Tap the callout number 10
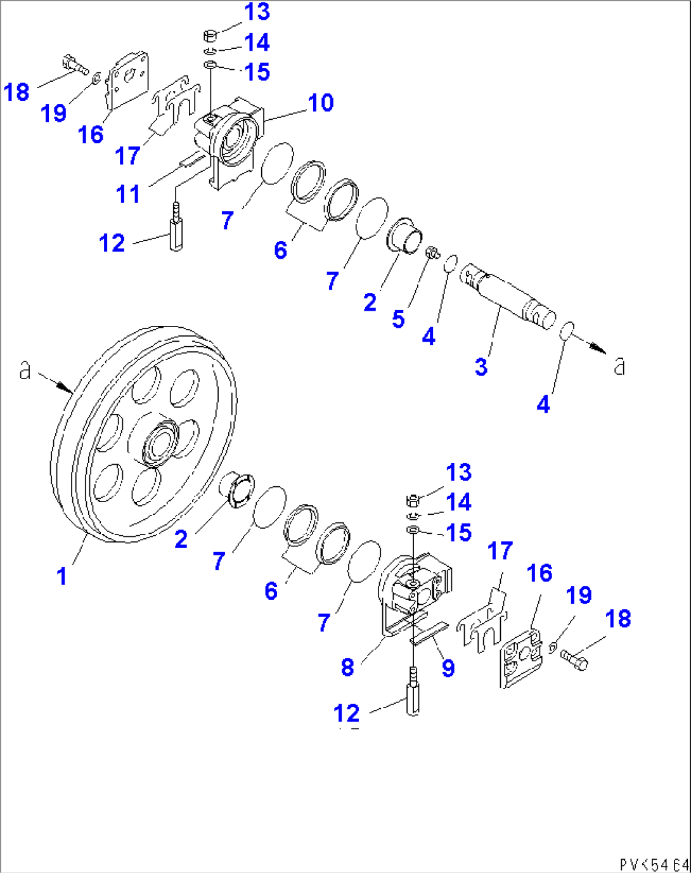pos(321,103)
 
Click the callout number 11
pos(127,194)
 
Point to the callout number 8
pos(347,667)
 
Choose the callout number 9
pos(448,668)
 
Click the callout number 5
pos(398,319)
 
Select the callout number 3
pos(481,366)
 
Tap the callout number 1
pos(61,576)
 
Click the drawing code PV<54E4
pos(654,864)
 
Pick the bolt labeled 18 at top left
pos(75,64)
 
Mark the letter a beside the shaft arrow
pos(619,366)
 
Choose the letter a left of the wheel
pos(25,369)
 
